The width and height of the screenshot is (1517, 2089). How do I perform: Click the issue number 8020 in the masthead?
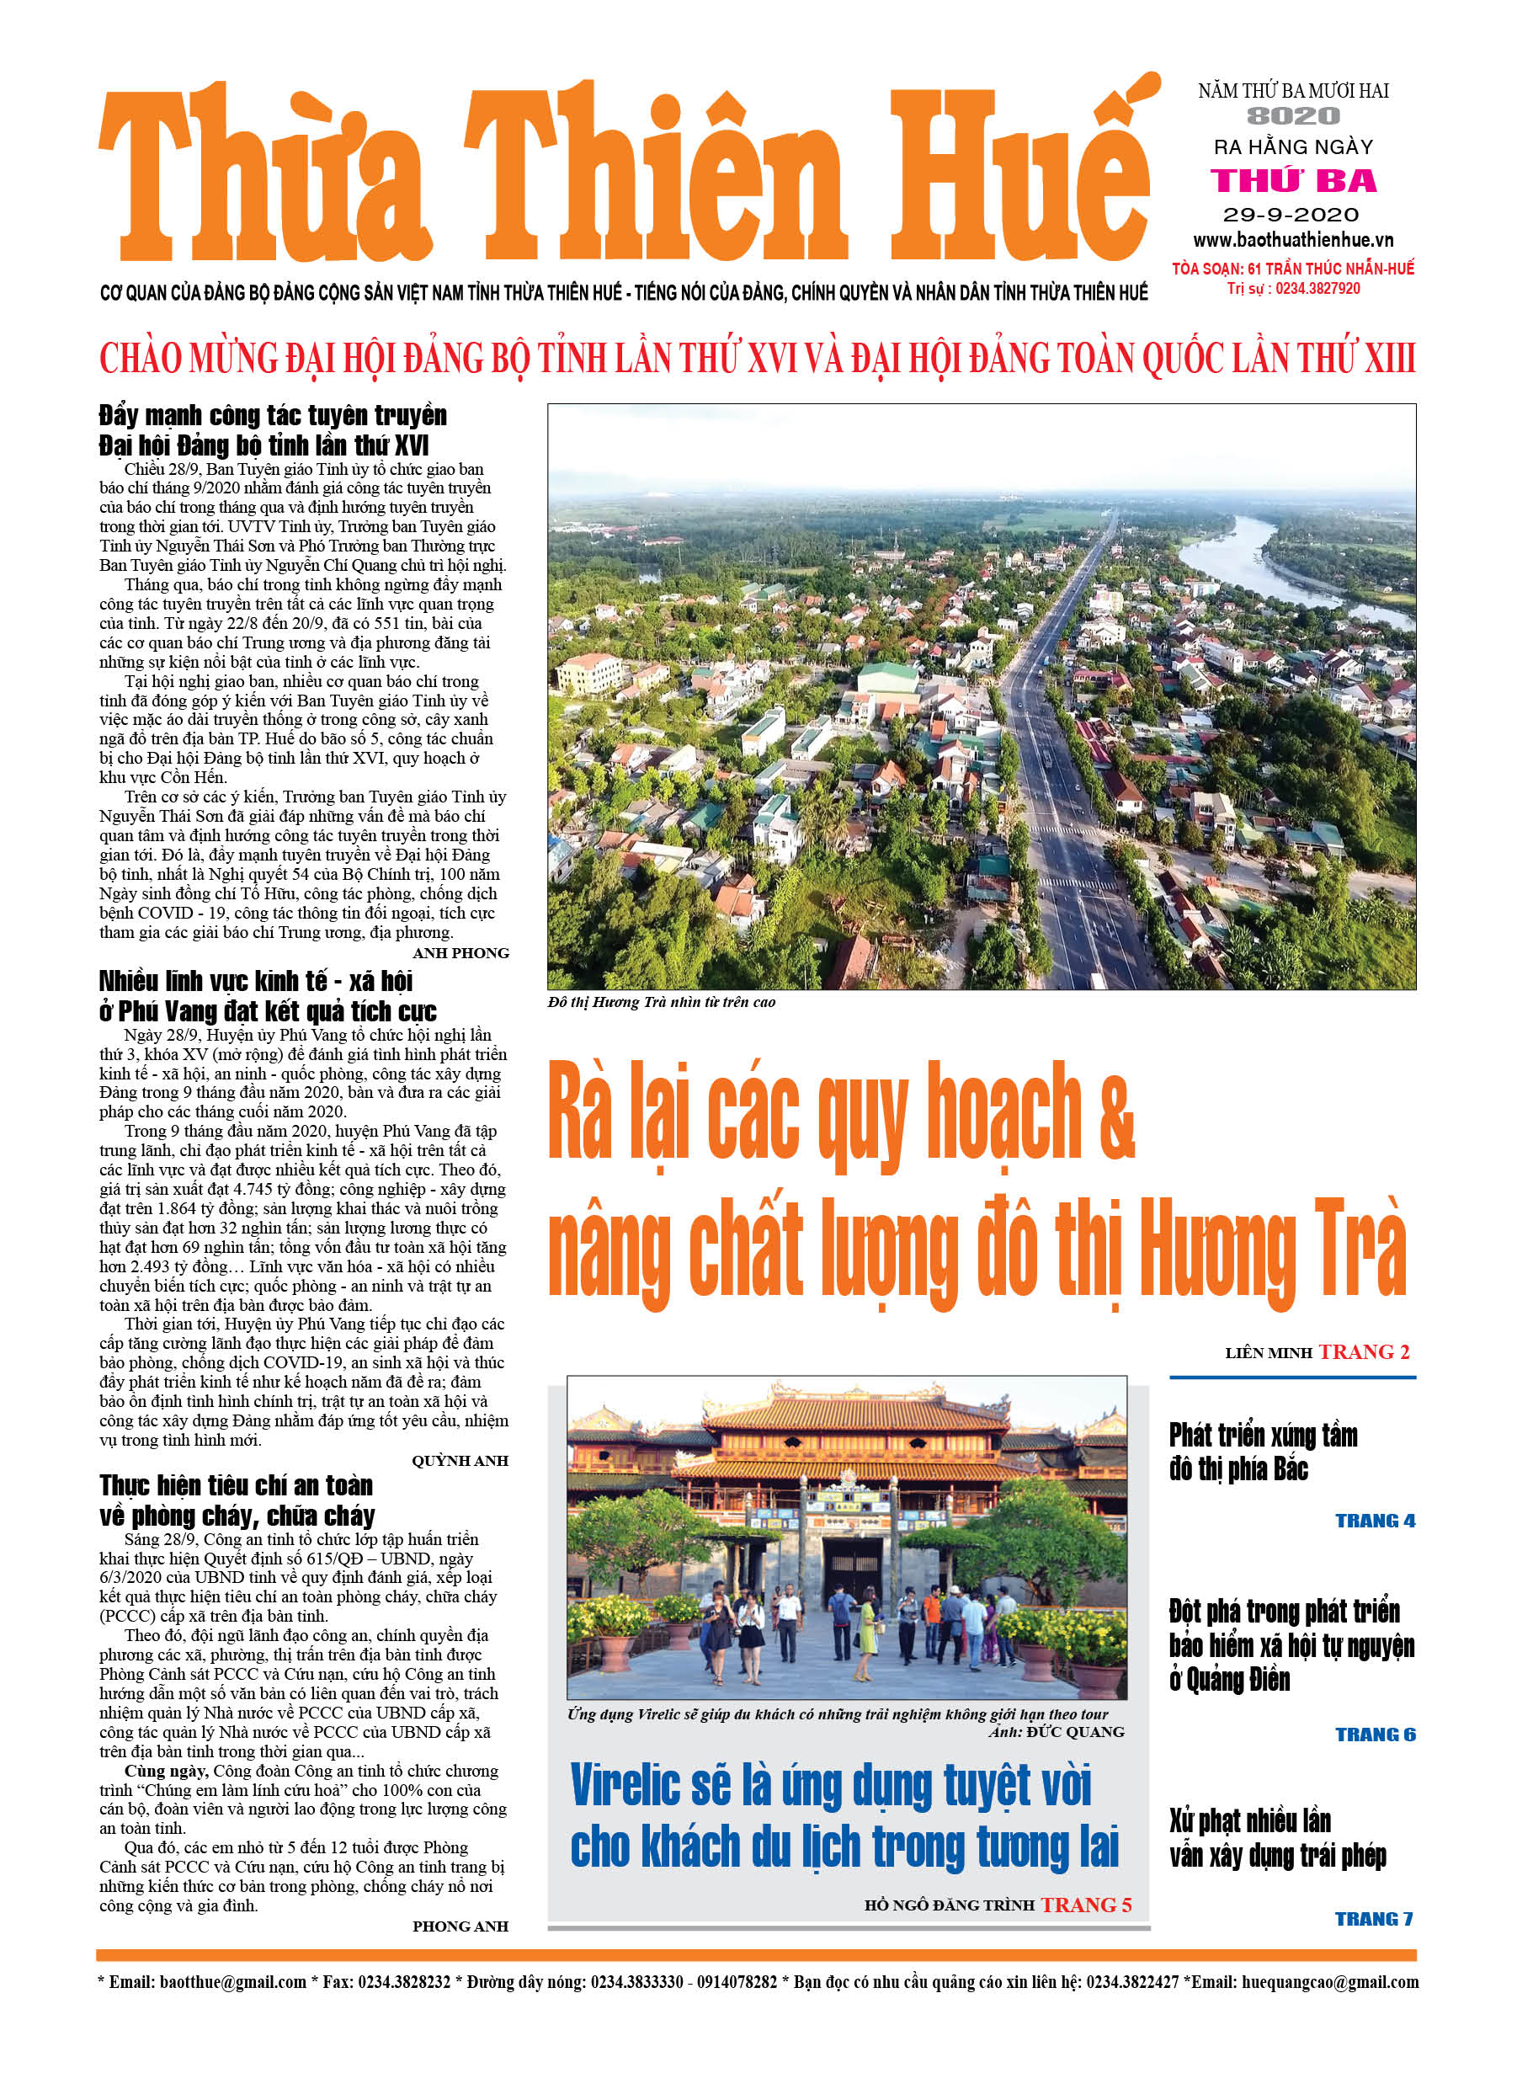click(1293, 116)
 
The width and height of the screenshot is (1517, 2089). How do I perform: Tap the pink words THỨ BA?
click(1293, 180)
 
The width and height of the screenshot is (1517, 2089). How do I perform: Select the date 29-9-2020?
click(1291, 215)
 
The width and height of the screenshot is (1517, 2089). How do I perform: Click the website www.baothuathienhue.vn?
click(1293, 241)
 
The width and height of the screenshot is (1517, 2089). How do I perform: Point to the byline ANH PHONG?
click(460, 953)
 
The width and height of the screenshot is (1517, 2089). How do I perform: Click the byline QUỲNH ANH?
click(460, 1461)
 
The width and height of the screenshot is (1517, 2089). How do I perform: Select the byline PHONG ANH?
click(460, 1926)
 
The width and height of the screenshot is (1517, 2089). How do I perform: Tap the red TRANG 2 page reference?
click(1363, 1352)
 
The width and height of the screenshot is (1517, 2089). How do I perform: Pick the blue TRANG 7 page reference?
click(1374, 1919)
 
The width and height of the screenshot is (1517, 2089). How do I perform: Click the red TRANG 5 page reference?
click(1086, 1905)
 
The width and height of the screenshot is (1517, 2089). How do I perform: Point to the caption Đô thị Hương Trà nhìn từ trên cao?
click(662, 1002)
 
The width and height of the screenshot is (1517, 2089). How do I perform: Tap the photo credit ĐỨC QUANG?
click(1075, 1732)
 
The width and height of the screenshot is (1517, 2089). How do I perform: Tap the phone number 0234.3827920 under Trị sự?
click(1317, 288)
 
